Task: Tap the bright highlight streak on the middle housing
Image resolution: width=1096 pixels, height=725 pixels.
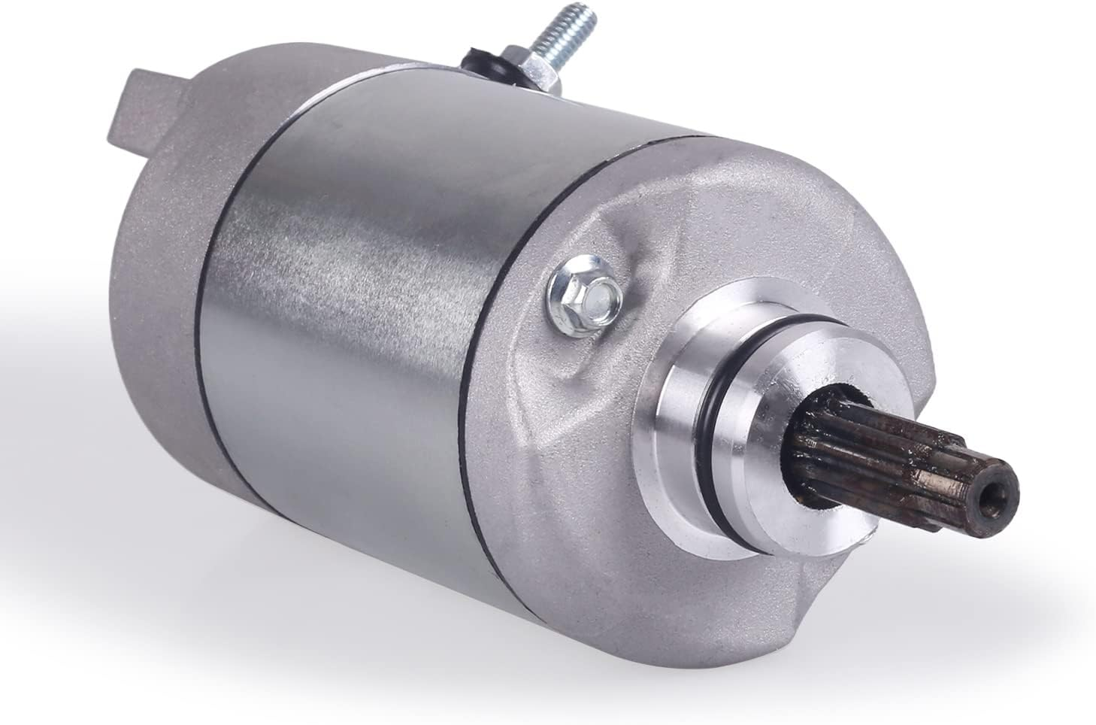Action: pos(316,248)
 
